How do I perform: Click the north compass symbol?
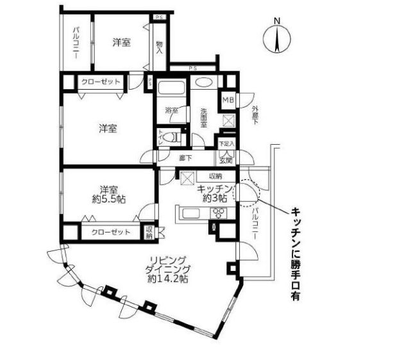[x=278, y=37]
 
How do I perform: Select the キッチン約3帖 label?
[x=213, y=193]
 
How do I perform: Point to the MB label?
[x=228, y=100]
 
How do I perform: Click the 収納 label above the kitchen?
[x=214, y=176]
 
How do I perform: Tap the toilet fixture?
[x=168, y=137]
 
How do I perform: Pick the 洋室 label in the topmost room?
[x=122, y=42]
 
